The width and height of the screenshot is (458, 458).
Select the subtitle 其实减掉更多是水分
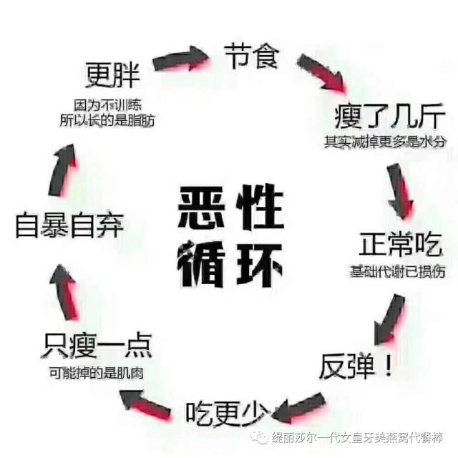pos(384,142)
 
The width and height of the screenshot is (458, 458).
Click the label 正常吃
pos(400,247)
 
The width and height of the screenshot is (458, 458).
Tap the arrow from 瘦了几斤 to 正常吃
pos(399,190)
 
